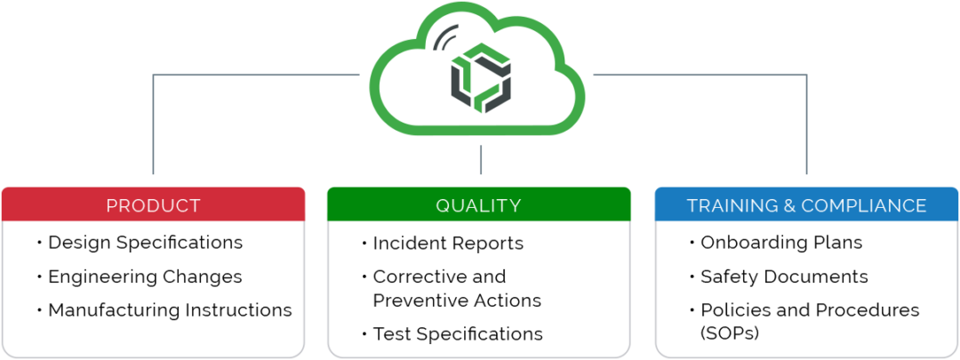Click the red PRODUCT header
tap(153, 205)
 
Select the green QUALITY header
tap(478, 205)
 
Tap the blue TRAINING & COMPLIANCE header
tap(806, 205)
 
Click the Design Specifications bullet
tap(145, 242)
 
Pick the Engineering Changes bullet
tap(145, 276)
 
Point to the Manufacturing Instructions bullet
tap(170, 310)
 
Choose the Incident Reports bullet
tap(448, 243)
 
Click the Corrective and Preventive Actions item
tap(456, 289)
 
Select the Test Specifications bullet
tap(458, 334)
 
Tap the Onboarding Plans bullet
tap(781, 242)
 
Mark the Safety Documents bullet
tap(784, 276)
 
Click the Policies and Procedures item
tap(810, 310)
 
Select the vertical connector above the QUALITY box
tap(480, 160)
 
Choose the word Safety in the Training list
tap(725, 276)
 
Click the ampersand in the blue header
tap(788, 205)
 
